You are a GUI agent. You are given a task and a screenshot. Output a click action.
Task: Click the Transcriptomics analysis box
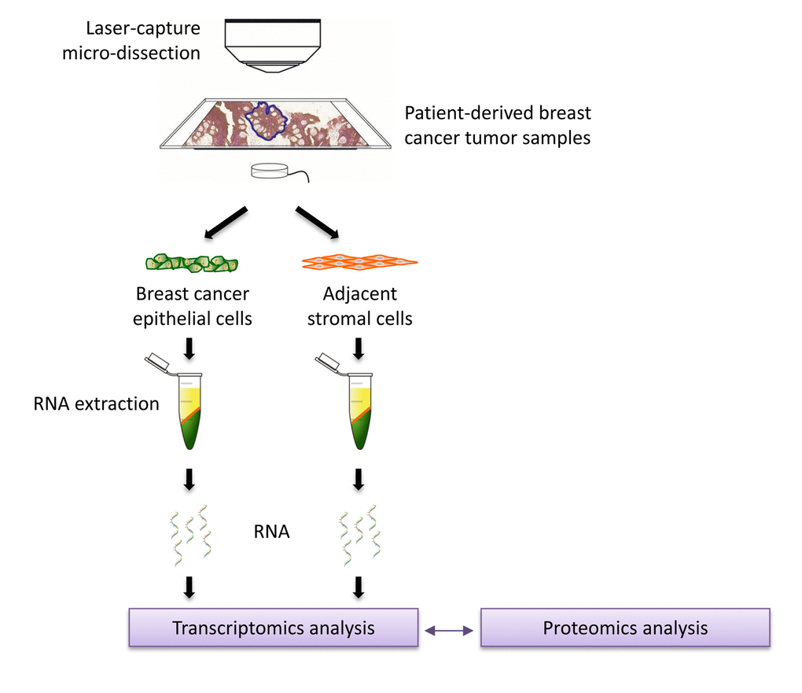click(x=273, y=628)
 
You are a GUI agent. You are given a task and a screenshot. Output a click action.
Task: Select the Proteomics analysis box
click(x=625, y=628)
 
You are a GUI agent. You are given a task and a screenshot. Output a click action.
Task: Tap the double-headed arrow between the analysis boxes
click(x=448, y=629)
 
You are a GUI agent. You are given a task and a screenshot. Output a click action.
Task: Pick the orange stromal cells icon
click(x=359, y=263)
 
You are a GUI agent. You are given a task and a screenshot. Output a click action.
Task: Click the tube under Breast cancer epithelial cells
click(x=189, y=411)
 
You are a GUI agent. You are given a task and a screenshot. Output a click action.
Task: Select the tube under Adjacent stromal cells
click(x=359, y=411)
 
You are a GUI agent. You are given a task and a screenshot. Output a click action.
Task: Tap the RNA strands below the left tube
click(x=189, y=535)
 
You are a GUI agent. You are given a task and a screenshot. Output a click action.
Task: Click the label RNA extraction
click(x=96, y=404)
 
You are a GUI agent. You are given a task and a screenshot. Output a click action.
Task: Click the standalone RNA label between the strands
click(x=271, y=532)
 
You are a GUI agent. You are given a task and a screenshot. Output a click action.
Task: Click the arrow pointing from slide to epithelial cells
click(x=226, y=223)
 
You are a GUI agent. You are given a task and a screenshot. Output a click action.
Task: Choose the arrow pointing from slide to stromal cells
click(x=317, y=222)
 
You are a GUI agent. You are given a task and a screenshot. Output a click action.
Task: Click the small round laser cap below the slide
click(x=269, y=171)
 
